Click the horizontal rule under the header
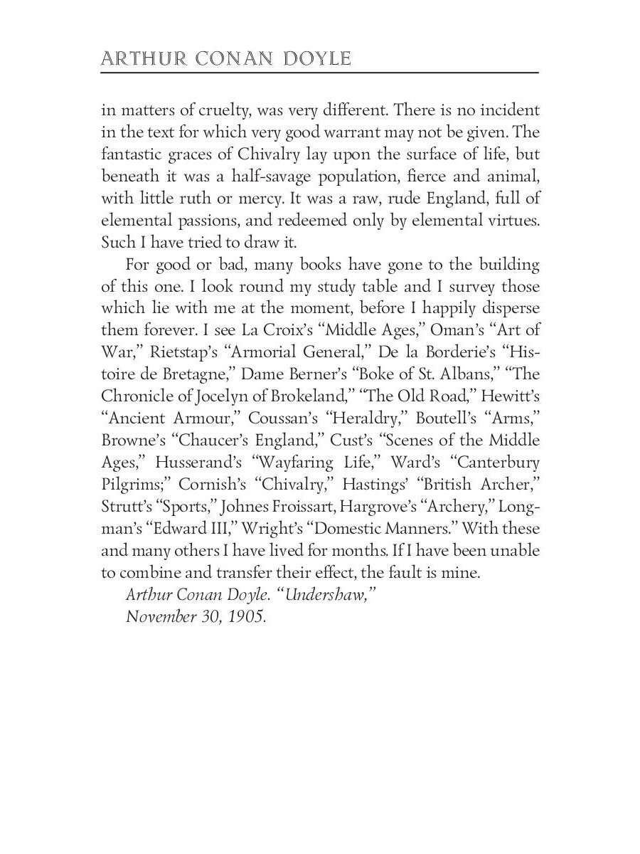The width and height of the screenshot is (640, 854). coord(320,73)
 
